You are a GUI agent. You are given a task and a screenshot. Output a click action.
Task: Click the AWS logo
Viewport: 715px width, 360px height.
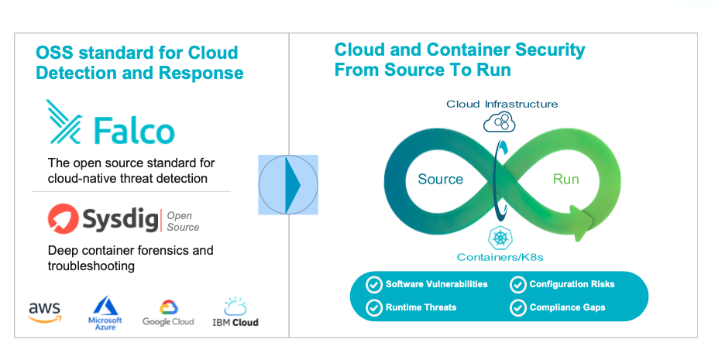pyautogui.click(x=45, y=313)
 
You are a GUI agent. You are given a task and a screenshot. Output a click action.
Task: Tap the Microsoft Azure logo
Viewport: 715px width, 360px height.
pyautogui.click(x=105, y=313)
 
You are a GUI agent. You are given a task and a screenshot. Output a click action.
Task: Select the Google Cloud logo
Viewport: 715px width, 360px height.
pyautogui.click(x=168, y=313)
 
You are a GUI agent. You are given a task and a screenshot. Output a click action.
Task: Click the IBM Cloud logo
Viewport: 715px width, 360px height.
pyautogui.click(x=235, y=313)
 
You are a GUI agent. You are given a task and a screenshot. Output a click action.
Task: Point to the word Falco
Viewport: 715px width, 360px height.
pyautogui.click(x=135, y=131)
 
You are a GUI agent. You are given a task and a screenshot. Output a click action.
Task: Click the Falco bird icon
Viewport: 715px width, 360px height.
pyautogui.click(x=64, y=122)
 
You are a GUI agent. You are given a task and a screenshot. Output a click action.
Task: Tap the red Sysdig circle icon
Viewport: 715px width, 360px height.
pyautogui.click(x=63, y=219)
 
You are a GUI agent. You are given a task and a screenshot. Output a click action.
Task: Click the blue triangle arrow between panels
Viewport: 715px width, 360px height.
pyautogui.click(x=293, y=185)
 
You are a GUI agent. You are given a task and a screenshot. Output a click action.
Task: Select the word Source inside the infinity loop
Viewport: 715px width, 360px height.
pyautogui.click(x=441, y=179)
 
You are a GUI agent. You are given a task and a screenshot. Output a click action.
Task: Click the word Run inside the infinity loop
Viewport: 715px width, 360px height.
pyautogui.click(x=566, y=179)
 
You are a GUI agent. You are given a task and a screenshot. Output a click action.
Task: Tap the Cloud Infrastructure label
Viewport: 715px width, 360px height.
pyautogui.click(x=502, y=104)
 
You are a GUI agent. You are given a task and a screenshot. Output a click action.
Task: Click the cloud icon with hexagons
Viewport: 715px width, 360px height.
pyautogui.click(x=500, y=122)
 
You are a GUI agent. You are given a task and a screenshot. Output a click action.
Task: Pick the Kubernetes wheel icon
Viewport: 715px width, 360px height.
pyautogui.click(x=500, y=238)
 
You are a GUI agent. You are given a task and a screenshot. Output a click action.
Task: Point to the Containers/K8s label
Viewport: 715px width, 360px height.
pyautogui.click(x=500, y=258)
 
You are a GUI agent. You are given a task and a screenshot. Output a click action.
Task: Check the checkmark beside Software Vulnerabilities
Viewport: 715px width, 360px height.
pyautogui.click(x=374, y=285)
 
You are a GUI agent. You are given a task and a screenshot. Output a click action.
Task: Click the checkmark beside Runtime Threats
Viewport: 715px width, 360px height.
pyautogui.click(x=374, y=308)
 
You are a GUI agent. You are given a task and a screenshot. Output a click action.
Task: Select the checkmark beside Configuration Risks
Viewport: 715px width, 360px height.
pyautogui.click(x=518, y=285)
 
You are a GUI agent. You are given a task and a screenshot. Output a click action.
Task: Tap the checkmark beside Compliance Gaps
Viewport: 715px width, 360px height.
pyautogui.click(x=518, y=308)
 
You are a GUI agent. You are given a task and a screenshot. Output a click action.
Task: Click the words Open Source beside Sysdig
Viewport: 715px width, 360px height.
pyautogui.click(x=183, y=221)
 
